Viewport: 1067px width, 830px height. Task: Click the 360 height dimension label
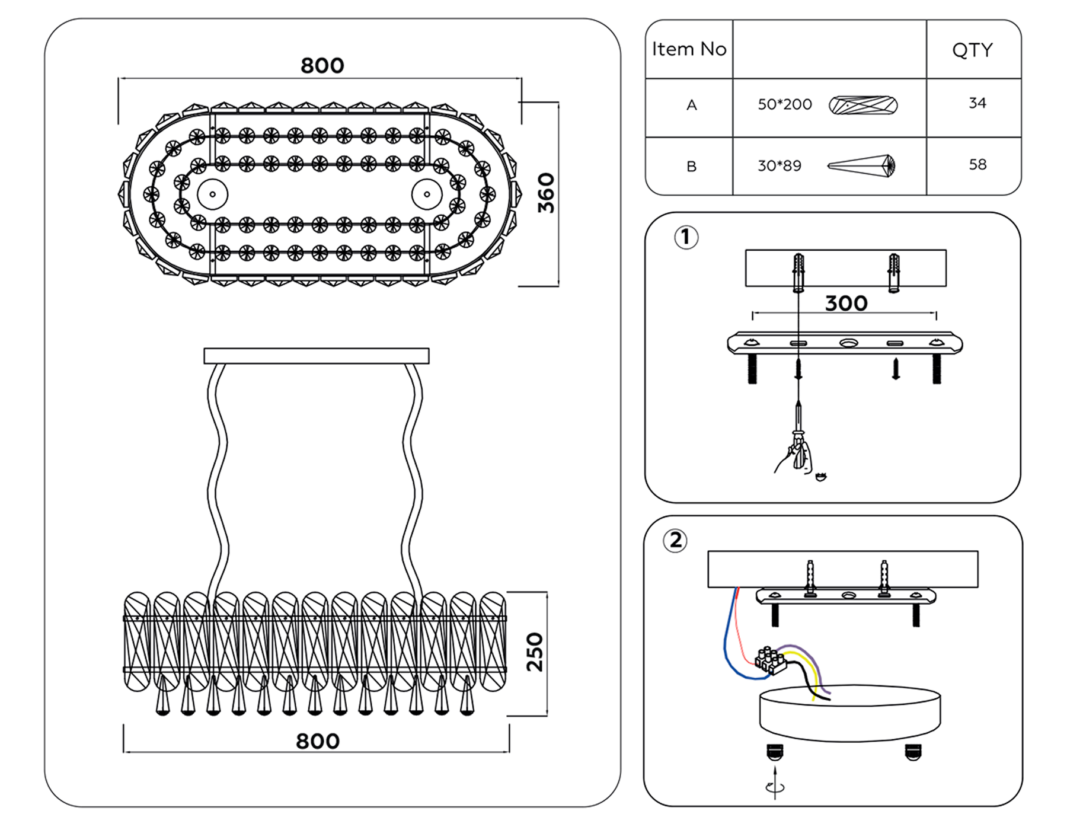pyautogui.click(x=546, y=193)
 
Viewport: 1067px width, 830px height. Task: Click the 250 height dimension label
pyautogui.click(x=535, y=652)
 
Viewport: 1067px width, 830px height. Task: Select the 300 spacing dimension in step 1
pyautogui.click(x=846, y=304)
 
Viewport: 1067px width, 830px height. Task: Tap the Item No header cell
pyautogui.click(x=689, y=49)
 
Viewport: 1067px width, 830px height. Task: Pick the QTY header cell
pyautogui.click(x=972, y=50)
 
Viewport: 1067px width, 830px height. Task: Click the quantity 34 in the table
pyautogui.click(x=977, y=103)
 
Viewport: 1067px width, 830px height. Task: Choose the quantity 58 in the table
pyautogui.click(x=977, y=164)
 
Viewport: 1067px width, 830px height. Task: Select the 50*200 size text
pyautogui.click(x=784, y=105)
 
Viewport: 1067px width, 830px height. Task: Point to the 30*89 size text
pyautogui.click(x=779, y=166)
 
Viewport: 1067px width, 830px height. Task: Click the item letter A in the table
pyautogui.click(x=691, y=106)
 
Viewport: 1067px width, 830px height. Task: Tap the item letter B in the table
pyautogui.click(x=691, y=167)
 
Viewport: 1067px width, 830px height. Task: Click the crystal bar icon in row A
pyautogui.click(x=862, y=106)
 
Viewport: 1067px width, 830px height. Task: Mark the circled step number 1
pyautogui.click(x=686, y=238)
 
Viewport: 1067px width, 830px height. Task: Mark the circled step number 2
pyautogui.click(x=675, y=541)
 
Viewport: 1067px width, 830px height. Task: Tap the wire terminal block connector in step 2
pyautogui.click(x=771, y=660)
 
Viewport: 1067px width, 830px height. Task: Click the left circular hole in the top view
pyautogui.click(x=212, y=194)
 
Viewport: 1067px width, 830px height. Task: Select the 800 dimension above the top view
pyautogui.click(x=322, y=65)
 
